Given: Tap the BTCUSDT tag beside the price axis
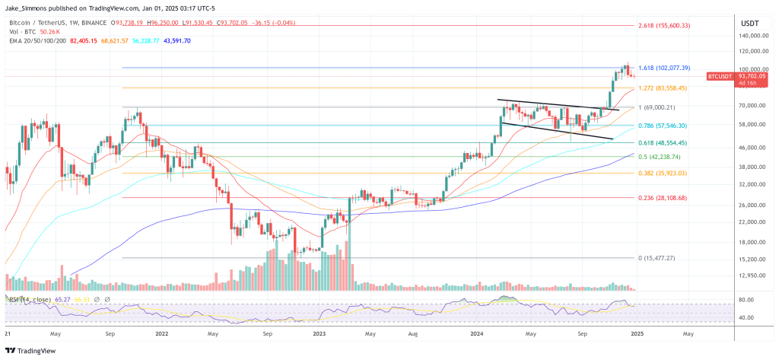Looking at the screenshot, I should pyautogui.click(x=719, y=76).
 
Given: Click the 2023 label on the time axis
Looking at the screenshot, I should pyautogui.click(x=319, y=334).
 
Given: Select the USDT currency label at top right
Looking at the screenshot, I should pyautogui.click(x=749, y=23).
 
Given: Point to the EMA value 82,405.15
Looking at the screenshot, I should pyautogui.click(x=84, y=40).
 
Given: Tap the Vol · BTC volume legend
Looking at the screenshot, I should pyautogui.click(x=23, y=32).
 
